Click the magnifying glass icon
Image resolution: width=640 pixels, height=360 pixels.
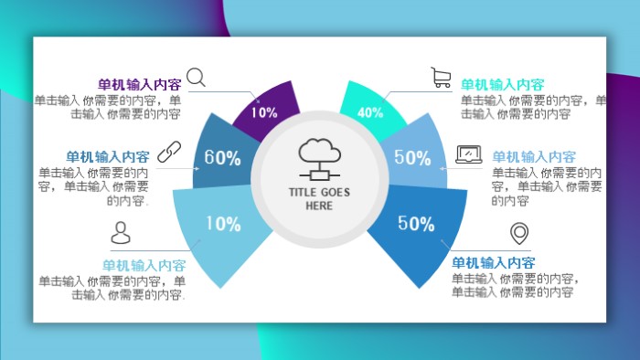click(x=197, y=77)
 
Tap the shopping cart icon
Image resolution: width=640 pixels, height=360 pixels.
click(x=442, y=77)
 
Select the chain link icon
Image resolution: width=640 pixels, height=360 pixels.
click(x=169, y=152)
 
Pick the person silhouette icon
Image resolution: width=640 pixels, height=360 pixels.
click(x=122, y=234)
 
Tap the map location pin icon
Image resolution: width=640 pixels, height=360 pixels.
click(x=520, y=234)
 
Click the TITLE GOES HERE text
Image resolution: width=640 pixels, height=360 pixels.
click(x=320, y=199)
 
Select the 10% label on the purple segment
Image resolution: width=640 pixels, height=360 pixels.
click(x=264, y=113)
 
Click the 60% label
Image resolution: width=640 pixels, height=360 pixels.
click(x=222, y=157)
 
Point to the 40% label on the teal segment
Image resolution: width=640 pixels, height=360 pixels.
click(x=370, y=113)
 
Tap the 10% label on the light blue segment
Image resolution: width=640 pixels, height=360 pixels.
click(x=222, y=224)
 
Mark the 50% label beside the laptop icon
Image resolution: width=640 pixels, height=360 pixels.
click(x=412, y=157)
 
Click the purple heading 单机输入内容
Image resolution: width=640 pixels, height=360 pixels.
click(x=139, y=84)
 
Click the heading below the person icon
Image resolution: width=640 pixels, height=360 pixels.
click(x=144, y=265)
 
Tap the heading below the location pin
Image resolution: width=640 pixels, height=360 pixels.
click(x=494, y=262)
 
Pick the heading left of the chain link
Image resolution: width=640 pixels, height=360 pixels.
click(x=108, y=157)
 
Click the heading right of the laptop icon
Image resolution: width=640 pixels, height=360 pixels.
click(x=534, y=157)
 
